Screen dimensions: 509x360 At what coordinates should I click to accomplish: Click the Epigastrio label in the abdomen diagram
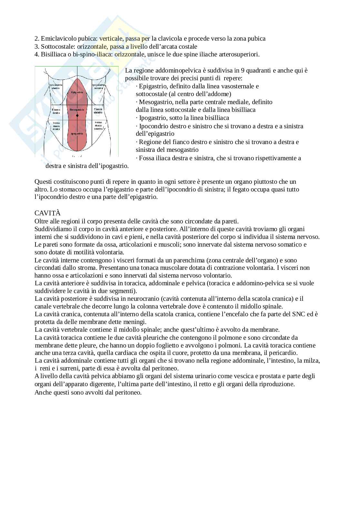[77, 92]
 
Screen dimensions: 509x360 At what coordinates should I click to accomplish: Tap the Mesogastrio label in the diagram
[77, 110]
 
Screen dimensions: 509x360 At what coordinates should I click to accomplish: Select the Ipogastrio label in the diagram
[77, 133]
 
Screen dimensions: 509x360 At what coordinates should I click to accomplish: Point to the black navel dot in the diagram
[77, 115]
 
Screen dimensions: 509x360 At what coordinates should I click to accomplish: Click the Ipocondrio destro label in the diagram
[56, 86]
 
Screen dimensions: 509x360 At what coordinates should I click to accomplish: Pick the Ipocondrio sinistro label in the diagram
[98, 86]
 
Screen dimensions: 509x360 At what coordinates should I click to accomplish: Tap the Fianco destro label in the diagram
[56, 111]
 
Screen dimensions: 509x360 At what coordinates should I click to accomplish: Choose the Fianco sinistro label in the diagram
[98, 111]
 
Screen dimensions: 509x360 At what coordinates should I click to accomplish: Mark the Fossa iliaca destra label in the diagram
[56, 126]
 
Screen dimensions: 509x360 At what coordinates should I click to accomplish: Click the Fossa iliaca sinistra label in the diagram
[98, 125]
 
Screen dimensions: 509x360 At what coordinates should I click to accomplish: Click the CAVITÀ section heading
[47, 213]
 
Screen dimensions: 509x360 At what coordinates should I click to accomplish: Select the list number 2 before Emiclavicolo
[36, 39]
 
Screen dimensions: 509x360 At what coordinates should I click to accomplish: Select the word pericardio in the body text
[284, 353]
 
